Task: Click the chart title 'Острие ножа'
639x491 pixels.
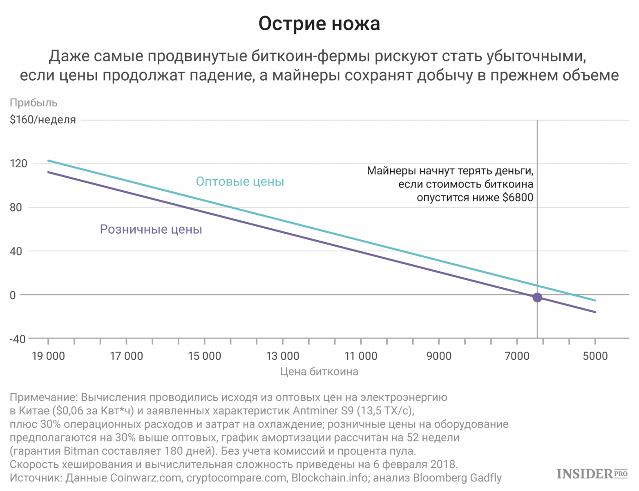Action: click(319, 24)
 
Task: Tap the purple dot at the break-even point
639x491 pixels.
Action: click(537, 297)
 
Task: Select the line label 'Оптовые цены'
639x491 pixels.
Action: click(240, 181)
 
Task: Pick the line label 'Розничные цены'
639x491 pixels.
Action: click(151, 229)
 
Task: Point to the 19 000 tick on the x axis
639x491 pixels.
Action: click(48, 356)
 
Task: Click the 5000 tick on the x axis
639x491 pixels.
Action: click(595, 356)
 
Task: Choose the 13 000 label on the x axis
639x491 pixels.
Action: click(283, 356)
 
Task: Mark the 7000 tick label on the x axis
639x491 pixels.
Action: click(517, 356)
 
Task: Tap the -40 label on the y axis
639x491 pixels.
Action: click(17, 339)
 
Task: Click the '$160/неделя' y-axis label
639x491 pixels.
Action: click(43, 120)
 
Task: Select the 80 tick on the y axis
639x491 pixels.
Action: click(16, 207)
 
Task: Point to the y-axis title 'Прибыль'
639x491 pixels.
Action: click(34, 103)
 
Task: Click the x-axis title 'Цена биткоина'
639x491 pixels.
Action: click(319, 372)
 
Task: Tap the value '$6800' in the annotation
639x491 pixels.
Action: click(518, 198)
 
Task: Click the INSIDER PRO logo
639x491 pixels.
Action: click(592, 474)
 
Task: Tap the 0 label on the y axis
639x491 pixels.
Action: click(13, 295)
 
